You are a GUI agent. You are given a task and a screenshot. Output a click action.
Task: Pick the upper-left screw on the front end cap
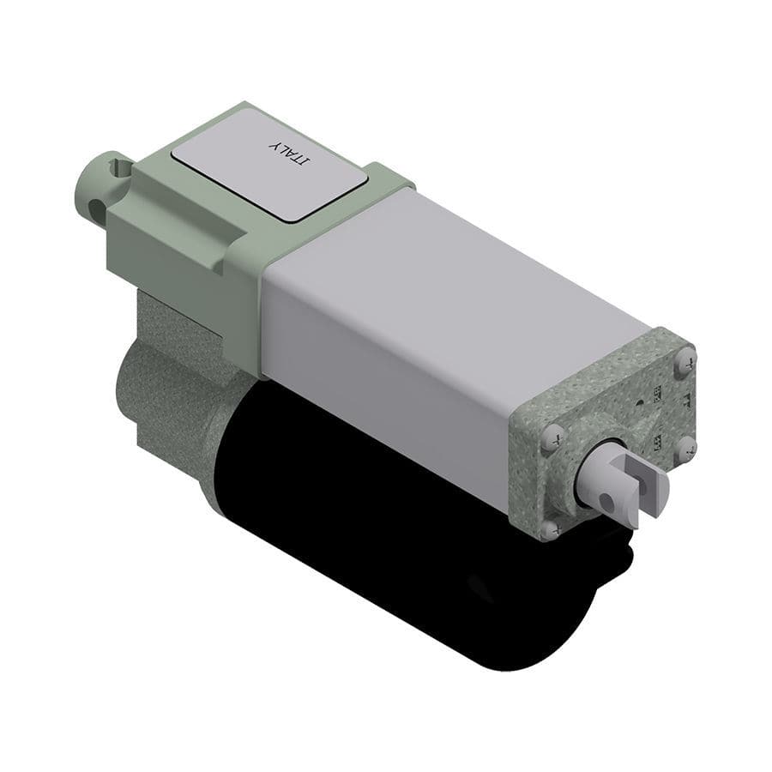tap(552, 434)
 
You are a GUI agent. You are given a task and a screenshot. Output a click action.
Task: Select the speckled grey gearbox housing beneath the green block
tap(172, 377)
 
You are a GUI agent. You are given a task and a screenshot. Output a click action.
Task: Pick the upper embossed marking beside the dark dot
tap(656, 393)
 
